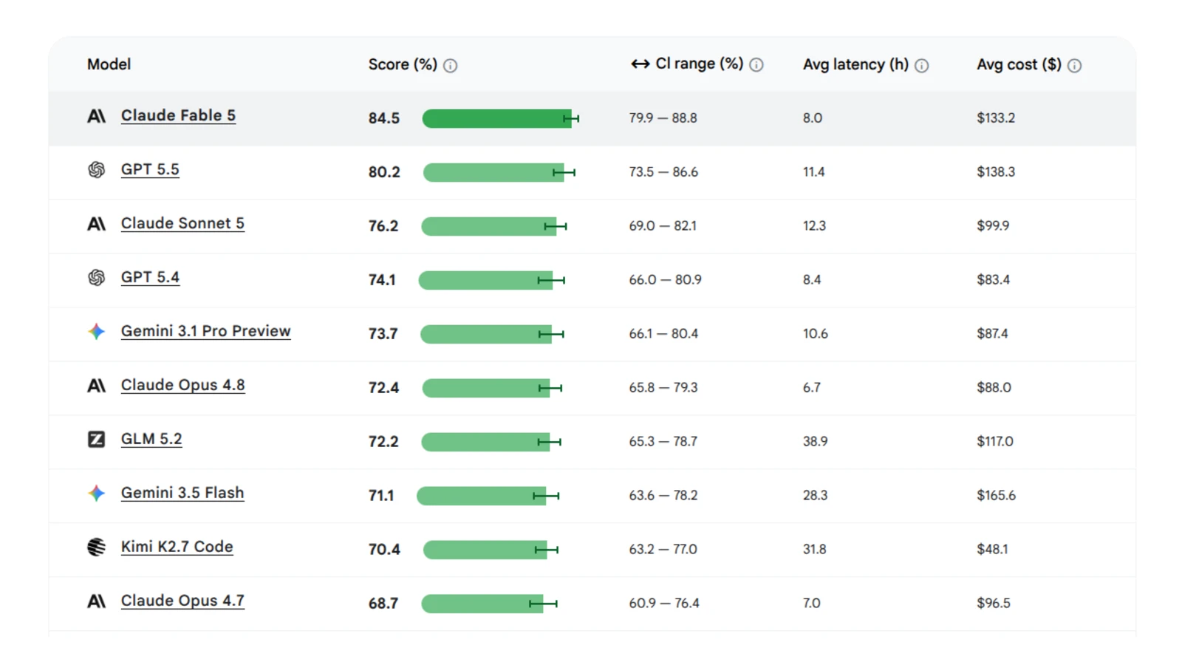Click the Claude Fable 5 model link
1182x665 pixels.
[178, 115]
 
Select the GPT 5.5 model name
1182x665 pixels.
[150, 169]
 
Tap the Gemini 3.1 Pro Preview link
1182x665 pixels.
[206, 331]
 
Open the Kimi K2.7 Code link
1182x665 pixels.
[177, 546]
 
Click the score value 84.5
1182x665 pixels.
[383, 118]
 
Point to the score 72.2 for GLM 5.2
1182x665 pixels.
[383, 441]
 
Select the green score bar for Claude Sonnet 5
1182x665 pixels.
[488, 226]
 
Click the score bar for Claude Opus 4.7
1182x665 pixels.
[482, 603]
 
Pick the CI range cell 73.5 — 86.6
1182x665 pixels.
[663, 172]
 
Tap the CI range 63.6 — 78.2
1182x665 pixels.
[663, 496]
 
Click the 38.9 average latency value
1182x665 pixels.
[816, 441]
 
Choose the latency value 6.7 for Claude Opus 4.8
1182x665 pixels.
[812, 387]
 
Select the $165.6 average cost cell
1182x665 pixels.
[997, 496]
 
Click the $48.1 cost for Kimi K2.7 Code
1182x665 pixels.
[992, 550]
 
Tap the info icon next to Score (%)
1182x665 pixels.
[450, 66]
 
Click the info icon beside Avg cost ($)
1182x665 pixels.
[1074, 66]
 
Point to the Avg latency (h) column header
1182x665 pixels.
[856, 64]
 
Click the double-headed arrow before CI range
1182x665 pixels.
[640, 64]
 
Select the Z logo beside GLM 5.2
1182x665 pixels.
[96, 439]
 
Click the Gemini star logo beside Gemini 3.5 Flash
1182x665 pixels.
[96, 493]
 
